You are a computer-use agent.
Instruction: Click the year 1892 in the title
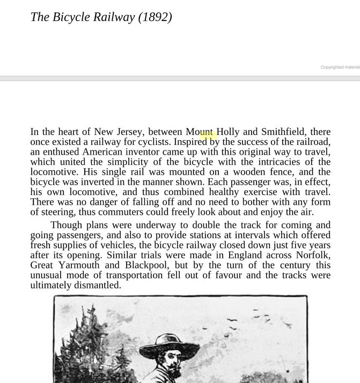[155, 17]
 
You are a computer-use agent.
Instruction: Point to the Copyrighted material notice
[340, 67]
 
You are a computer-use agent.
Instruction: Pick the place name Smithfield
[283, 132]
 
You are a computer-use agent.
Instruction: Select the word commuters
[117, 212]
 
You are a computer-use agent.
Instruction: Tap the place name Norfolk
[313, 255]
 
